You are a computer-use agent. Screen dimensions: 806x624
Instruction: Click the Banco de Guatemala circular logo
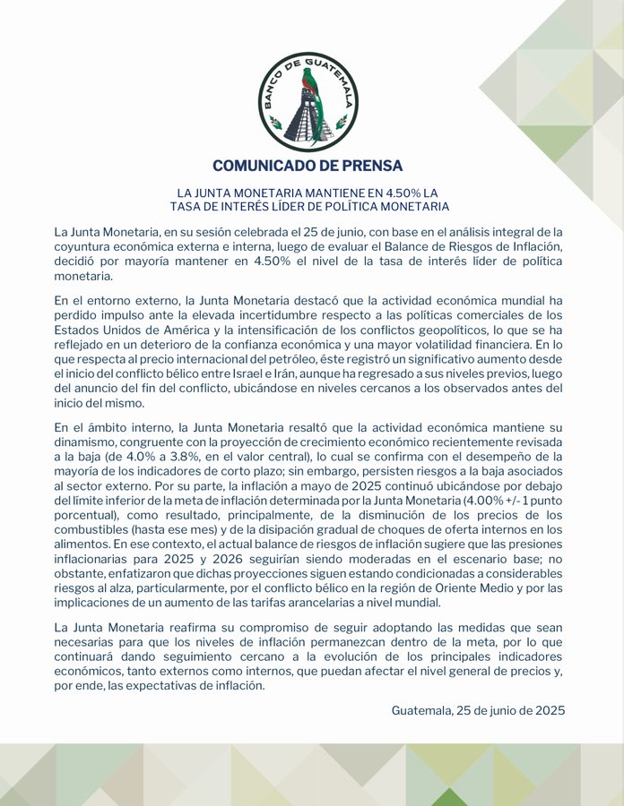308,101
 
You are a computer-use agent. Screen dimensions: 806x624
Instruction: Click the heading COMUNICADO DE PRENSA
308,166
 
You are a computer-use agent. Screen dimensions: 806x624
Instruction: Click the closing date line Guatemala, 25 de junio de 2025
478,710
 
